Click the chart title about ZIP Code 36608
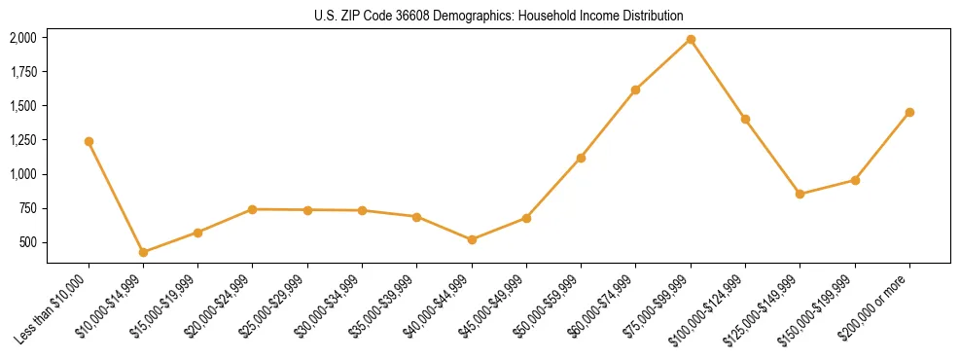498,16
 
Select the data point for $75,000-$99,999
691,40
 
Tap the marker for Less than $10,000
89,141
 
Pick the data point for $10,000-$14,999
143,252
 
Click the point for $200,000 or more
909,113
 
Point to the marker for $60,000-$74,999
635,90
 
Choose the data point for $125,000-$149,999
800,194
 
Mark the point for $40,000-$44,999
472,239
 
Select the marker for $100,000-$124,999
745,119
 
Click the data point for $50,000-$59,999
581,158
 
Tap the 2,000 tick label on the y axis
22,38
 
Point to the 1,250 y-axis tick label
22,140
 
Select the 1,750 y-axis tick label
22,72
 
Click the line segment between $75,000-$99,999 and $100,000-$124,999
718,80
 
